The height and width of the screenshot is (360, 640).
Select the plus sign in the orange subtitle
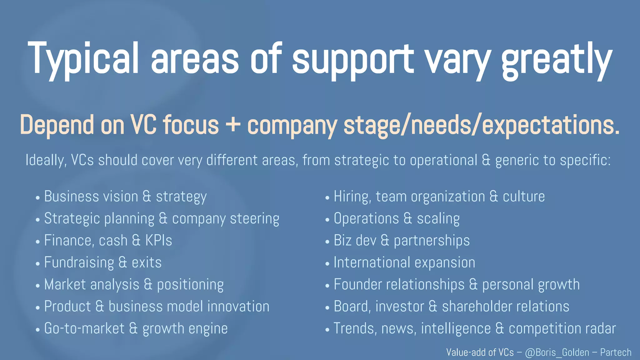[233, 125]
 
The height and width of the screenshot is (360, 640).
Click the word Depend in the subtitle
[57, 125]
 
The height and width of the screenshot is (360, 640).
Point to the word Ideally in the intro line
[46, 160]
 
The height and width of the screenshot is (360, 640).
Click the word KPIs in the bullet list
[158, 241]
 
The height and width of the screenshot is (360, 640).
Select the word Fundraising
[79, 262]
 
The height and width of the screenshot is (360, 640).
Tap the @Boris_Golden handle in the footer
[557, 352]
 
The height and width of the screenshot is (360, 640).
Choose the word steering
[254, 219]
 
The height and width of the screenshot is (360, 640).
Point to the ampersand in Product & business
[100, 307]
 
